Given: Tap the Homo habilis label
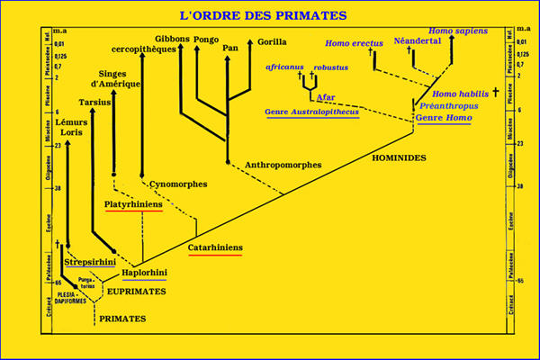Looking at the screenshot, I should click(x=458, y=94).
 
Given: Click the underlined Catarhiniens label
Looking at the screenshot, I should click(x=214, y=247).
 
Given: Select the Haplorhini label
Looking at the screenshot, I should click(x=146, y=273).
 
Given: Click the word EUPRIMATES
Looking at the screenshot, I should click(x=132, y=292).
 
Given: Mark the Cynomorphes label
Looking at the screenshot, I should click(x=177, y=184).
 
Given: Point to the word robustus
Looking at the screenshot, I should click(x=330, y=67).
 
